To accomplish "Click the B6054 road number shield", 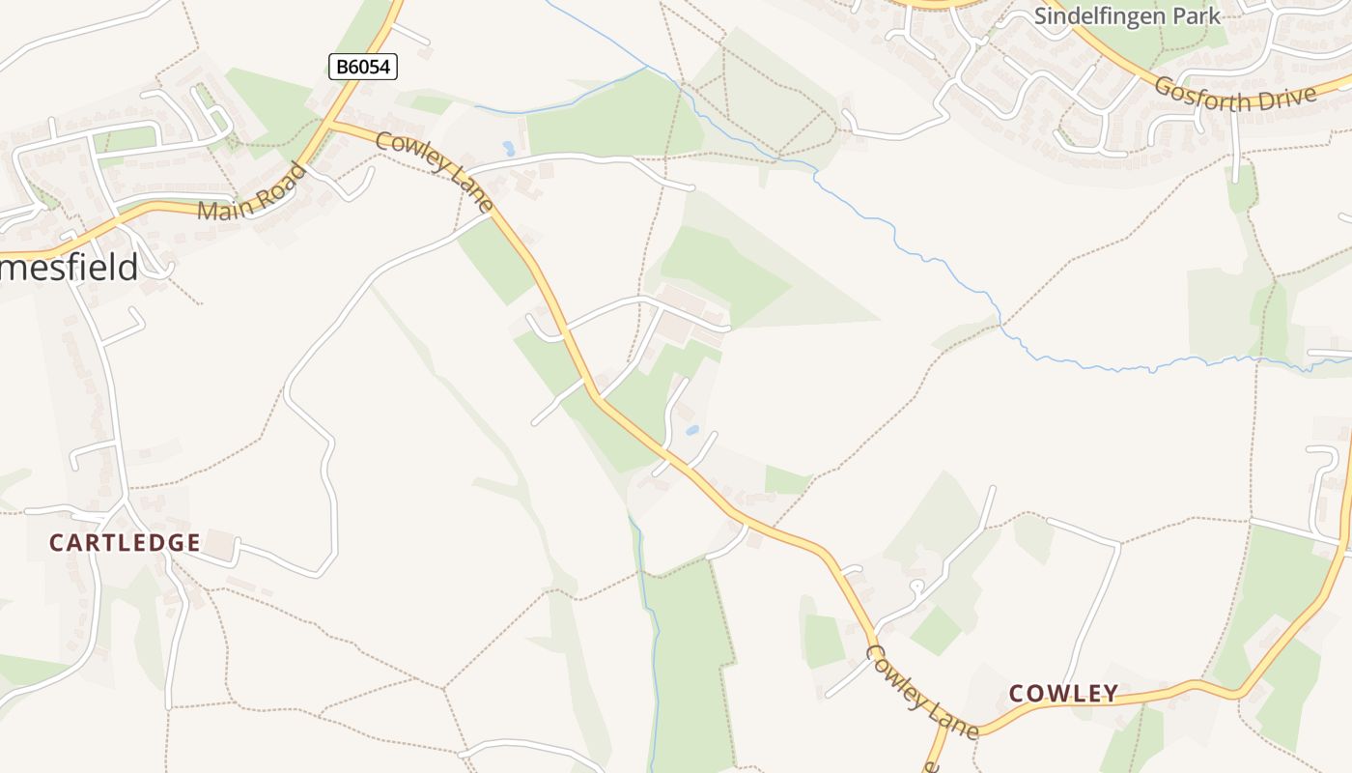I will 363,67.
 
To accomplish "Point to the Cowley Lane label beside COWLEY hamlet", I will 921,692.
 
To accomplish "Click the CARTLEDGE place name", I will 125,543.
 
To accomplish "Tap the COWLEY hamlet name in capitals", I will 1063,693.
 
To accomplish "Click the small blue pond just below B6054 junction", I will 509,149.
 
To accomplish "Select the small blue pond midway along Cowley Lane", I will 692,430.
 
